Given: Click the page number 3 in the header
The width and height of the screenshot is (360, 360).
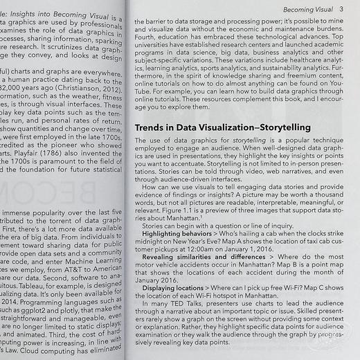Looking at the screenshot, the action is pos(341,9).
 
